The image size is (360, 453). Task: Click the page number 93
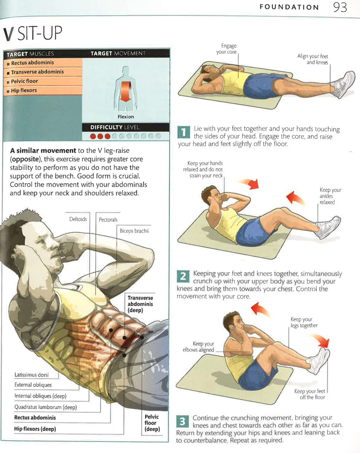pos(340,7)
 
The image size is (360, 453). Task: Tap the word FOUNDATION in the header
pos(289,7)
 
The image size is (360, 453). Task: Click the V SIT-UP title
pos(33,33)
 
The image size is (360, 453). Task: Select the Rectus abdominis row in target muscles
pos(43,63)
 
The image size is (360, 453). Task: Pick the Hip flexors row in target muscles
pos(43,91)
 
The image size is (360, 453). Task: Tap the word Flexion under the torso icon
pos(126,117)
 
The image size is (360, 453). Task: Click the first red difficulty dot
pos(93,136)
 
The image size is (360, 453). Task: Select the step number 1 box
pos(183,132)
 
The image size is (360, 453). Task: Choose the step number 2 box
pos(183,276)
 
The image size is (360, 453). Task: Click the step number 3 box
pos(182,421)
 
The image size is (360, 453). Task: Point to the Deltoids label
pos(78,219)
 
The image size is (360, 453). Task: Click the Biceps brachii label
pos(134,231)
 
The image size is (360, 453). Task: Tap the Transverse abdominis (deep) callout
pos(140,304)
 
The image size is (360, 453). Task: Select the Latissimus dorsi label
pos(32,375)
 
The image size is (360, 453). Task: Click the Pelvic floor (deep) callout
pos(152,423)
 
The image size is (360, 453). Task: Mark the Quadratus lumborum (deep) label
pos(46,407)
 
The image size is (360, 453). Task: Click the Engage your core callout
pos(226,49)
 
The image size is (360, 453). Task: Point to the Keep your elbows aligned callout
pos(198,347)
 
